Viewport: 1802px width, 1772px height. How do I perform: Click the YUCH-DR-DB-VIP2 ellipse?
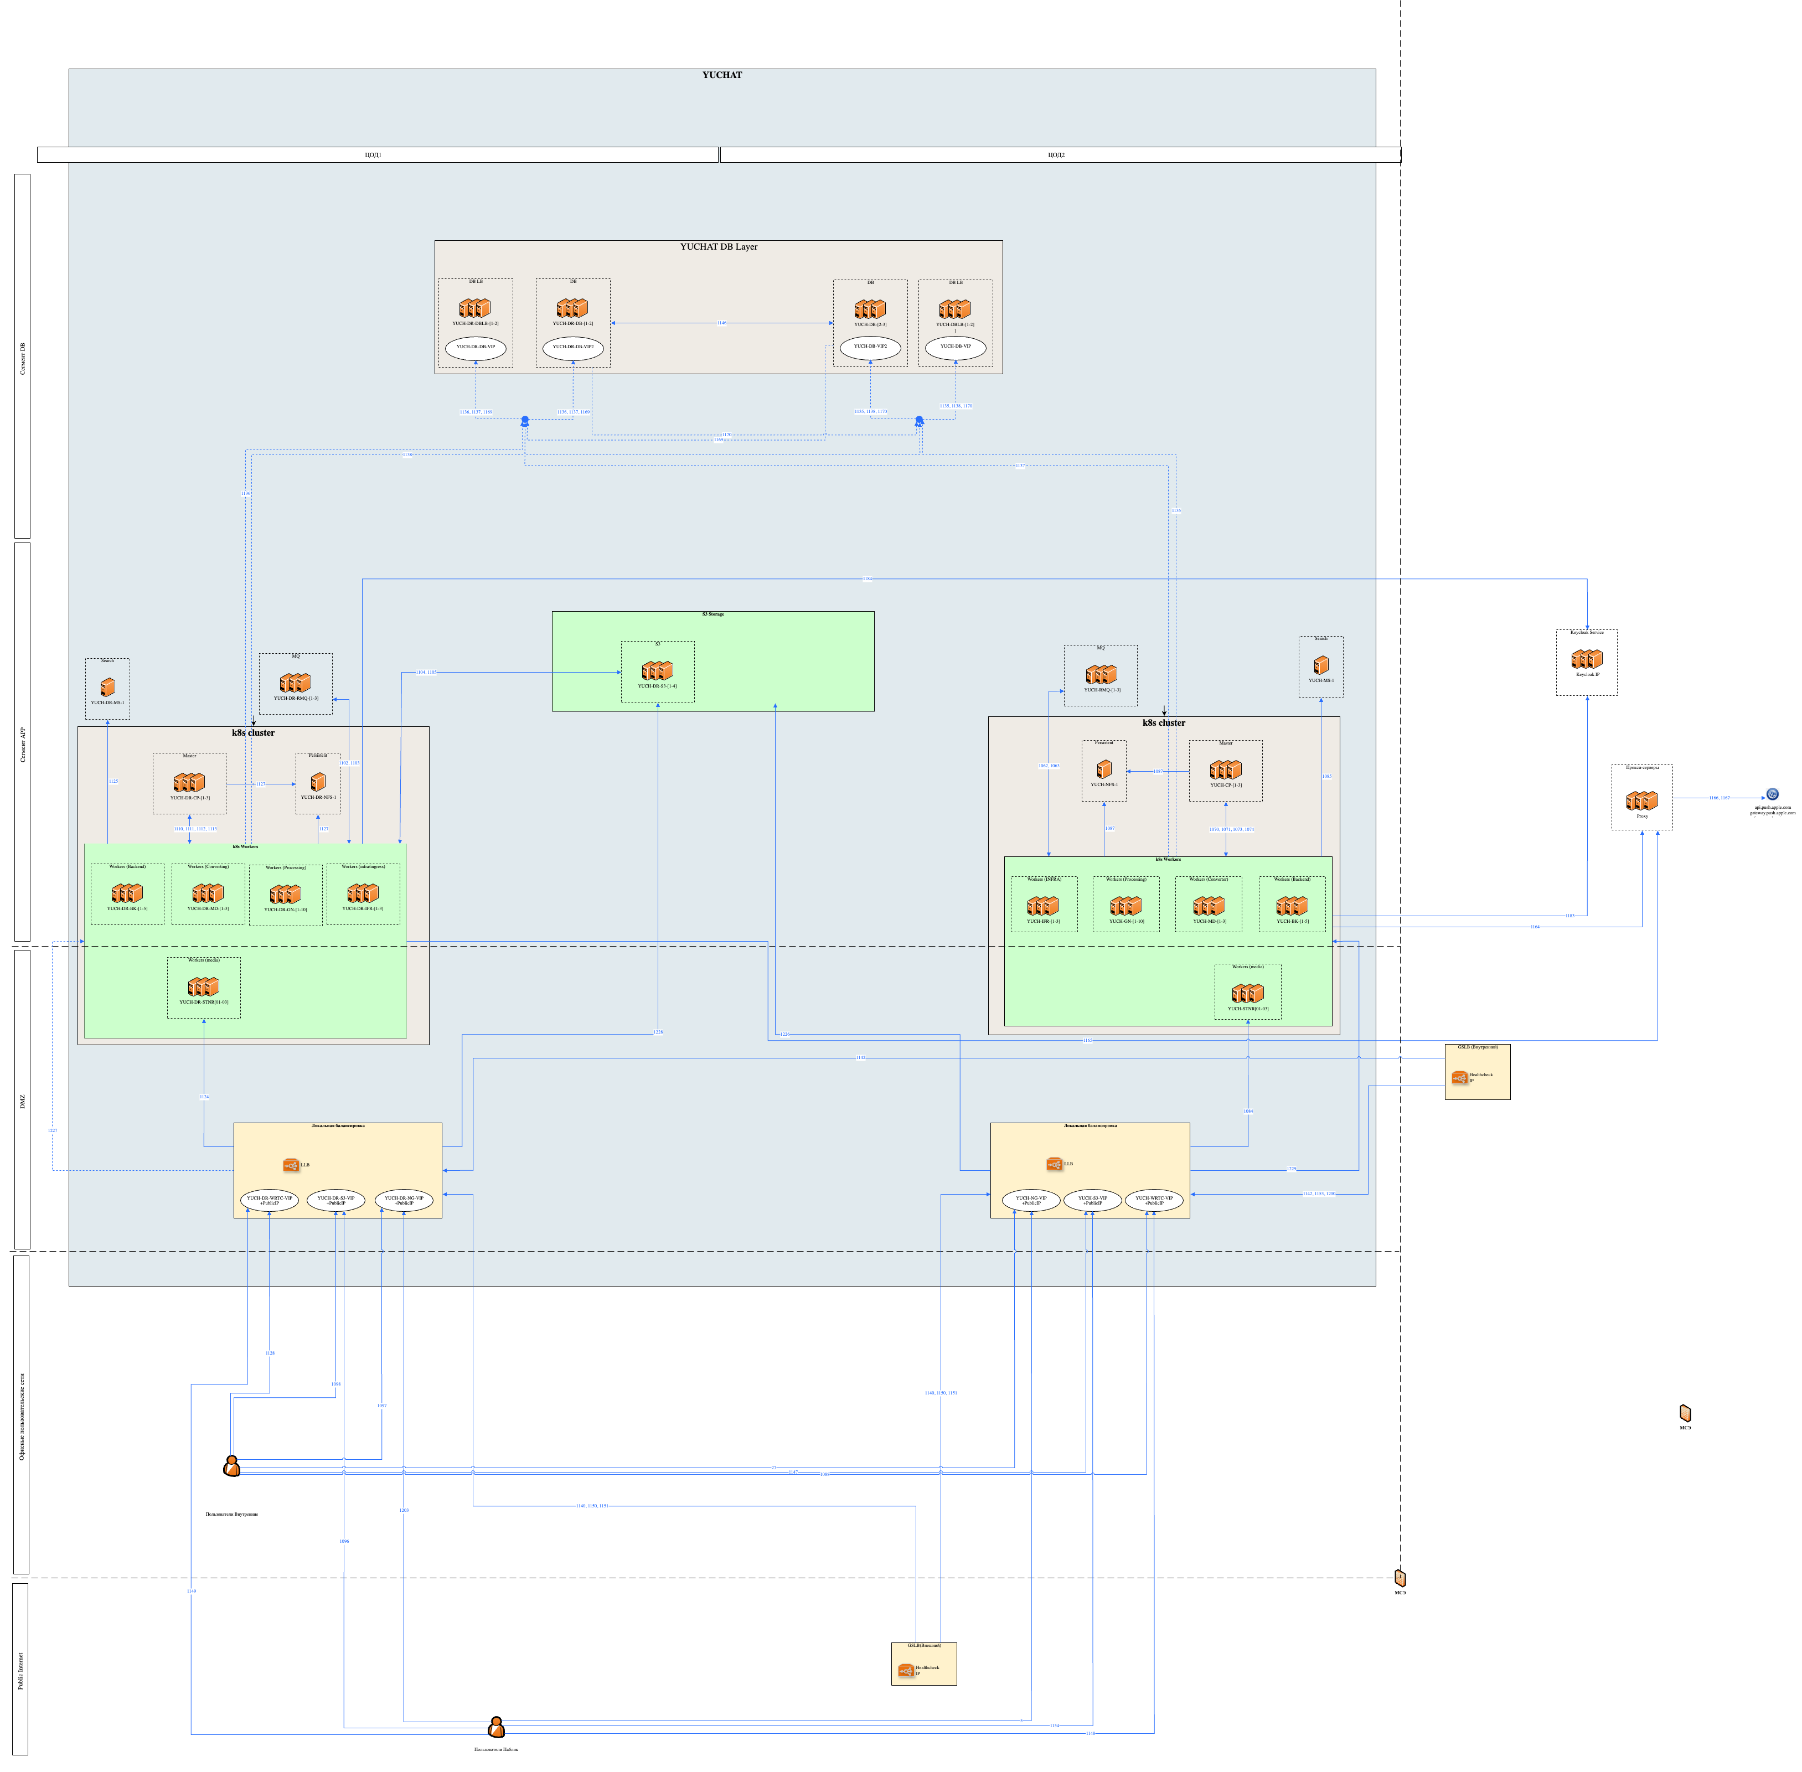(572, 348)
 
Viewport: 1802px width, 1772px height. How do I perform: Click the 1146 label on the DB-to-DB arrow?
(721, 323)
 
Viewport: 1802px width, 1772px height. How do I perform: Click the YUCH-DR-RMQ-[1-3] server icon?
(295, 683)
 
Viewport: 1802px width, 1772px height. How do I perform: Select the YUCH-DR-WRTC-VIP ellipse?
(269, 1201)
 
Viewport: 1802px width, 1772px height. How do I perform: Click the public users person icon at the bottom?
(496, 1727)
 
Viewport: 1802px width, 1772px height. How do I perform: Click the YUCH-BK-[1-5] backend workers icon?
(1292, 906)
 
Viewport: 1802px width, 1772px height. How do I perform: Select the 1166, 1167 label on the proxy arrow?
(1718, 798)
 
